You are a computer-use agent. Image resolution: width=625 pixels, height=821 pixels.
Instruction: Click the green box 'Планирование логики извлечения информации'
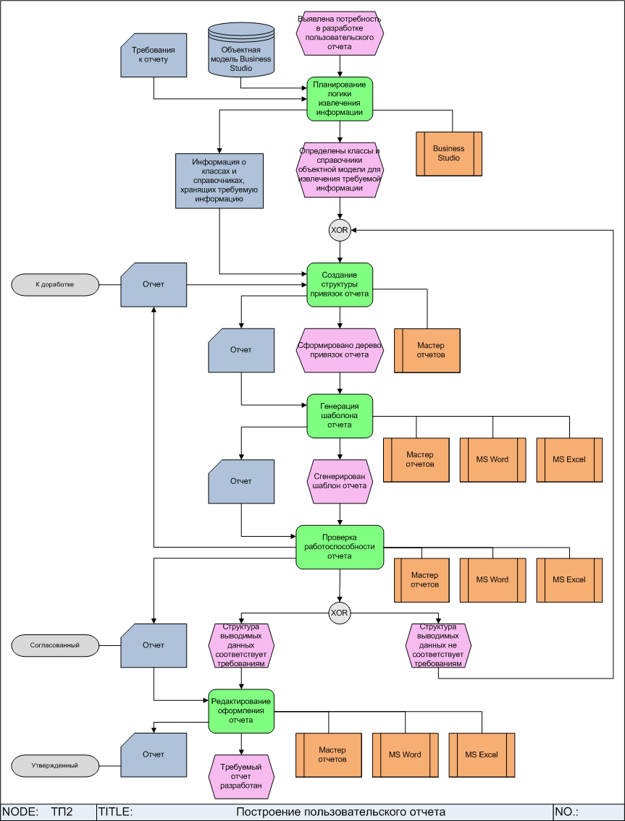pos(339,98)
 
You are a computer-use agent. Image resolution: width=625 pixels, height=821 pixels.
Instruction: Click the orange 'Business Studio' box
pos(449,153)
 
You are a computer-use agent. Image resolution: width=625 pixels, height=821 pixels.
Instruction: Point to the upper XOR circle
pos(339,231)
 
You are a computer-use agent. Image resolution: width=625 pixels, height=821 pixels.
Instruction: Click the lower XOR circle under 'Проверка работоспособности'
pos(339,613)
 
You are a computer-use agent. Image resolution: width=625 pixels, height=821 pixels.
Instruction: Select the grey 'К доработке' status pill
pos(55,284)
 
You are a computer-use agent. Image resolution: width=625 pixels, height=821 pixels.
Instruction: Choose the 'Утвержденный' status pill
pos(55,765)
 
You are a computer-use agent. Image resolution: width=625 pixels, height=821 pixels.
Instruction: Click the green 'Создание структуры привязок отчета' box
pos(339,284)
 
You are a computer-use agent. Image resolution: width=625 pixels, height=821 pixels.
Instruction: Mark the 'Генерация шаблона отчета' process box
pos(339,416)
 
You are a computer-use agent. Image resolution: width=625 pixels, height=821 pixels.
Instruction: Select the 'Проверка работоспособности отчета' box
pos(339,547)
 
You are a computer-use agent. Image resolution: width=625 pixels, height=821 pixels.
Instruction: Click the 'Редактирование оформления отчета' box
pos(241,710)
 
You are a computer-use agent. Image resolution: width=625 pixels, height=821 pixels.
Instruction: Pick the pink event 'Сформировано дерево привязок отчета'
pos(339,350)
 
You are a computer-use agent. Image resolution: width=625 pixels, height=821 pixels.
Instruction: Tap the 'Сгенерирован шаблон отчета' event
pos(339,482)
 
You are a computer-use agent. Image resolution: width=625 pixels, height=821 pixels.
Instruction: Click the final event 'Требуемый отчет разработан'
pos(241,775)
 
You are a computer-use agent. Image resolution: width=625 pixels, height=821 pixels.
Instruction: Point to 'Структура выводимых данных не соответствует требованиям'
pos(437,645)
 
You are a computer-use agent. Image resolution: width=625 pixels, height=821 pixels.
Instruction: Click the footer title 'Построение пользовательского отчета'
pos(340,812)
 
